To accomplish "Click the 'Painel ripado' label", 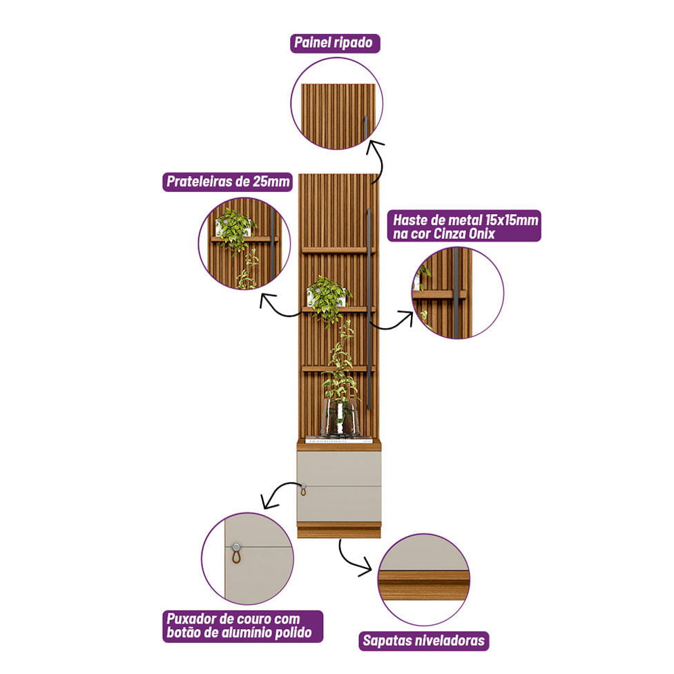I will click(x=334, y=44).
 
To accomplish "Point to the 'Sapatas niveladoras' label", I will click(x=424, y=640).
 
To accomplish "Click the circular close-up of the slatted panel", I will click(x=336, y=104).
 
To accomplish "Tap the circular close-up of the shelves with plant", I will click(x=244, y=243).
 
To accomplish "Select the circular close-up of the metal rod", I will click(x=457, y=292).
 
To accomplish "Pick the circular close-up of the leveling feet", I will click(x=423, y=579).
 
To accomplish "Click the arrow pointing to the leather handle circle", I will click(x=276, y=494).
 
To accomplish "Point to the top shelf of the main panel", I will click(x=337, y=249).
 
